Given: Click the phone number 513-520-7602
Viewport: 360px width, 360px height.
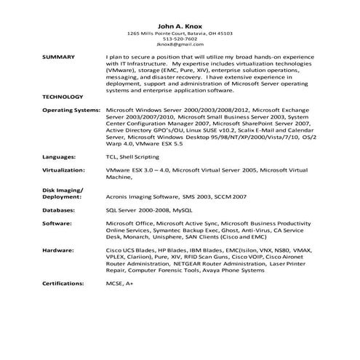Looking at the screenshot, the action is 180,39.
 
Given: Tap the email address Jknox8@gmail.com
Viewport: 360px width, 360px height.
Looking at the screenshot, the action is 180,45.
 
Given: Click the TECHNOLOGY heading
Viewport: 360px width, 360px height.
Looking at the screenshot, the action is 63,96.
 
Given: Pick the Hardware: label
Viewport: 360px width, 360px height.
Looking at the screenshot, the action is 58,249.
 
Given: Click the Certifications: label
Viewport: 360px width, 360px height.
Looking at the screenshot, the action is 63,282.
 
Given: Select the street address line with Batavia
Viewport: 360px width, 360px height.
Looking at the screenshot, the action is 180,33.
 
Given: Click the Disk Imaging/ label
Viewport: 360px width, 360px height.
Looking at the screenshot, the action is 63,189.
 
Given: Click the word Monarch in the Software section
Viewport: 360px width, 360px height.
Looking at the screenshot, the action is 135,236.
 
